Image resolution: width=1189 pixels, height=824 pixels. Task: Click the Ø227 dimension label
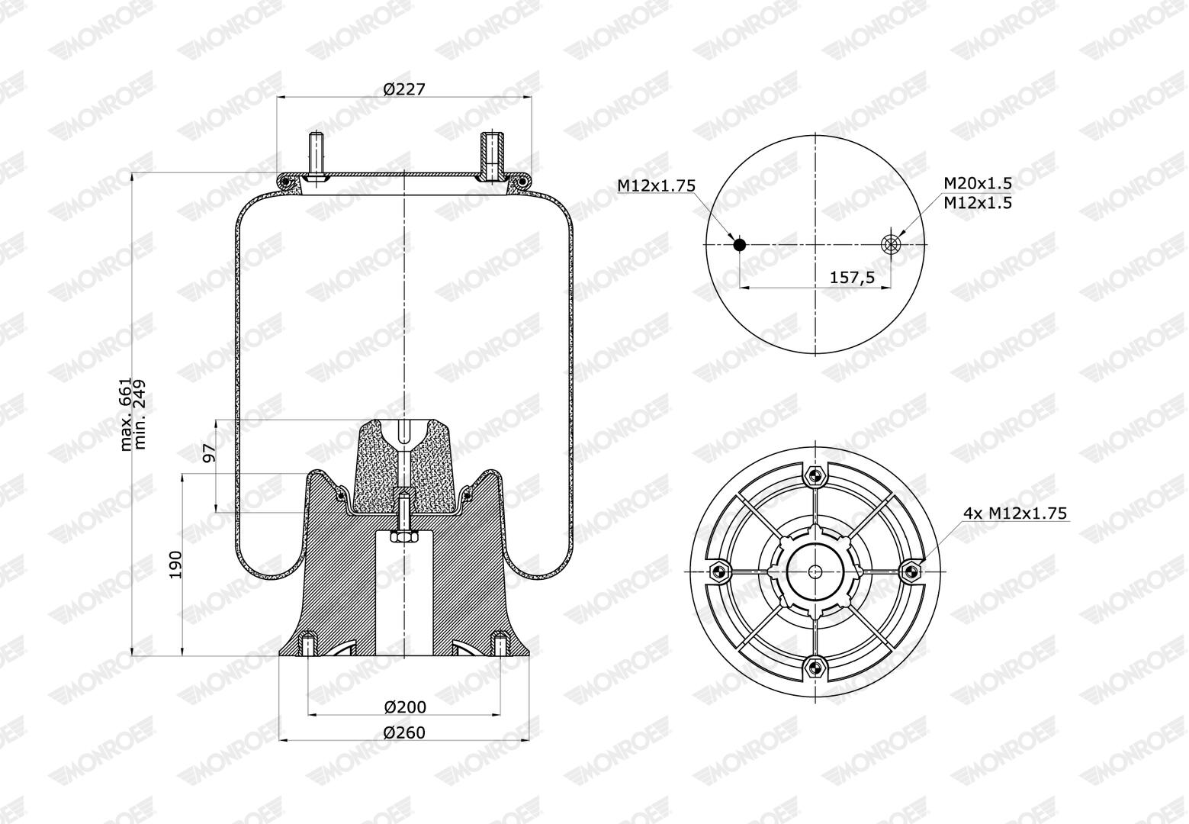click(x=404, y=89)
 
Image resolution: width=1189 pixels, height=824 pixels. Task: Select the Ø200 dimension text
click(x=404, y=707)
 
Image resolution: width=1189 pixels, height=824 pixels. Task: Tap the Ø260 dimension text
click(x=404, y=732)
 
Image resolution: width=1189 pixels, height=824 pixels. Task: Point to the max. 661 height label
click(x=125, y=414)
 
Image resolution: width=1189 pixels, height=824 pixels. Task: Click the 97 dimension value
click(x=210, y=452)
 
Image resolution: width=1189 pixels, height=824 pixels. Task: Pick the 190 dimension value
click(x=175, y=565)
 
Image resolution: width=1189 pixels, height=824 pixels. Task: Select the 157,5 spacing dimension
click(x=852, y=277)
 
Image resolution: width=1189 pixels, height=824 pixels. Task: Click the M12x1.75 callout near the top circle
click(x=656, y=186)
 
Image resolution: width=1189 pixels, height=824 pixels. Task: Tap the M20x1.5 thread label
click(x=978, y=184)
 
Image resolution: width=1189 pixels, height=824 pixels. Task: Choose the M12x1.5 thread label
click(x=978, y=203)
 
